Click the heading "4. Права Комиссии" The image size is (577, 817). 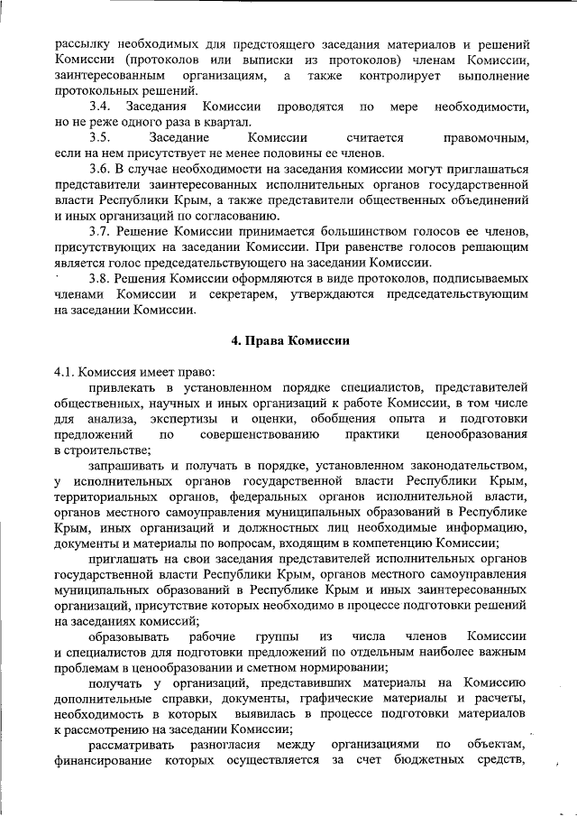(288, 340)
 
